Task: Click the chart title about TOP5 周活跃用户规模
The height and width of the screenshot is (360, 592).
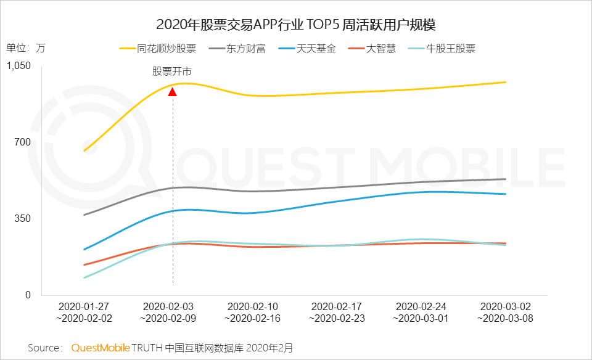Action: click(x=296, y=25)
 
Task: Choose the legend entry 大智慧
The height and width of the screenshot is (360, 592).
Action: click(x=380, y=49)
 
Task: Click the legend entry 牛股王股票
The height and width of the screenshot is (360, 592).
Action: click(x=451, y=49)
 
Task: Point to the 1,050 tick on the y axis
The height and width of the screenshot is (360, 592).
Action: click(x=18, y=66)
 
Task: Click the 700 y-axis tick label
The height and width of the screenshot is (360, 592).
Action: click(x=23, y=142)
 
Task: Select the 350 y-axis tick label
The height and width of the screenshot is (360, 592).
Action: click(x=23, y=219)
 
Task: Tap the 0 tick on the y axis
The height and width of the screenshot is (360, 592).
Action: click(x=27, y=295)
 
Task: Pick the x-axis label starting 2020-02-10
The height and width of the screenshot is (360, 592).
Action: click(x=253, y=312)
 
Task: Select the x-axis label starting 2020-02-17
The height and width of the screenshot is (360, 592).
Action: click(x=337, y=312)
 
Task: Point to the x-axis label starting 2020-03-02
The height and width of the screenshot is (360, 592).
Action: click(x=506, y=312)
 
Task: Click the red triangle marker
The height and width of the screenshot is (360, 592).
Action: click(x=173, y=92)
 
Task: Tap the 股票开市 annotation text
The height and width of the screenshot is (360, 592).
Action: click(x=172, y=70)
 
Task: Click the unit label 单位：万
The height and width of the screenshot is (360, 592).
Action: click(x=26, y=48)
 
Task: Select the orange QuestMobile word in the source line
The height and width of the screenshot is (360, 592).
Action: click(x=100, y=348)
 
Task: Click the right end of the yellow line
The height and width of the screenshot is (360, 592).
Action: click(x=506, y=82)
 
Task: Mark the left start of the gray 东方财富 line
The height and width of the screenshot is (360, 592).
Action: click(x=84, y=215)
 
